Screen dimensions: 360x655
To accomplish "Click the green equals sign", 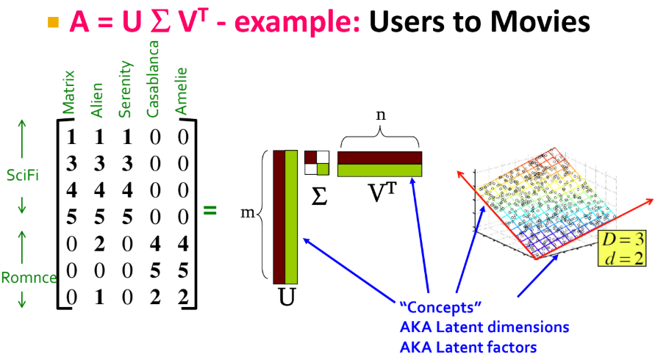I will coord(210,210).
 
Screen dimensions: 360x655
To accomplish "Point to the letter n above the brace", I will coord(379,116).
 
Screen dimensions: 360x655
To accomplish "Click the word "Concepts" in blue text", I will coord(430,306).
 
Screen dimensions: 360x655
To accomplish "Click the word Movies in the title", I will coord(541,22).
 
